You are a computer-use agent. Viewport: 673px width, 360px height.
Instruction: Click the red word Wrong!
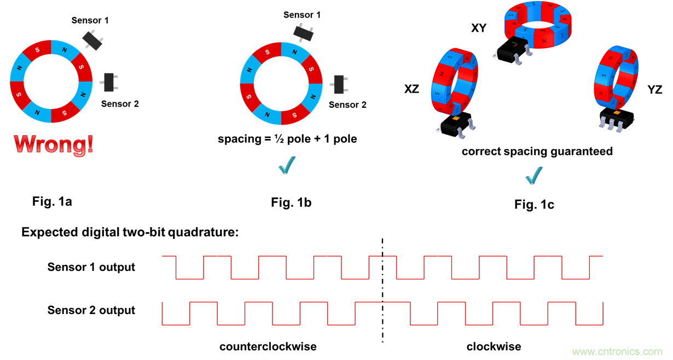[x=54, y=144]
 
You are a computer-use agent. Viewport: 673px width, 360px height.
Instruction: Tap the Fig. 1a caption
[x=52, y=201]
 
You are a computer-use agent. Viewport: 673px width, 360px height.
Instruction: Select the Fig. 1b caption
[x=291, y=203]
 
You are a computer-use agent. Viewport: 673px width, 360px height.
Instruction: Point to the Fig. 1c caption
[x=534, y=205]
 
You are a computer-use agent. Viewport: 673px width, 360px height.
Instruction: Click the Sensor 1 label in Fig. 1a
[x=90, y=20]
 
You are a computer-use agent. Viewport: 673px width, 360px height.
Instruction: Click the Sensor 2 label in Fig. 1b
[x=347, y=104]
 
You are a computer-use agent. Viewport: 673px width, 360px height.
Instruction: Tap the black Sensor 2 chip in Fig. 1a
[x=109, y=82]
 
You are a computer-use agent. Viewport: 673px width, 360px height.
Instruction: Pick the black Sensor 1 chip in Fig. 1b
[x=304, y=31]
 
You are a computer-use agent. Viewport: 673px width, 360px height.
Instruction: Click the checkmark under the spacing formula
[x=287, y=165]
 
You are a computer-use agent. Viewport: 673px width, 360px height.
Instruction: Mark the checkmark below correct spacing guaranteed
[x=533, y=176]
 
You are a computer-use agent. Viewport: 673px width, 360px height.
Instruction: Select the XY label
[x=479, y=28]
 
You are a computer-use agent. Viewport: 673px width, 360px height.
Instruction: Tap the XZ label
[x=411, y=89]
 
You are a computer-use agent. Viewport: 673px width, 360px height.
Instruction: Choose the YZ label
[x=655, y=90]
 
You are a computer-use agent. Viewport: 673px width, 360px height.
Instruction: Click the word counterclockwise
[x=268, y=346]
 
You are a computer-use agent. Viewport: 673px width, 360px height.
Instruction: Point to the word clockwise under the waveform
[x=494, y=346]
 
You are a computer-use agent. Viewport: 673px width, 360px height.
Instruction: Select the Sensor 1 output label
[x=91, y=267]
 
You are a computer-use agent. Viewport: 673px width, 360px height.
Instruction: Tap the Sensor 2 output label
[x=91, y=310]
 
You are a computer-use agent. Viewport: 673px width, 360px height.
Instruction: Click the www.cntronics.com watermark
[x=617, y=351]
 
